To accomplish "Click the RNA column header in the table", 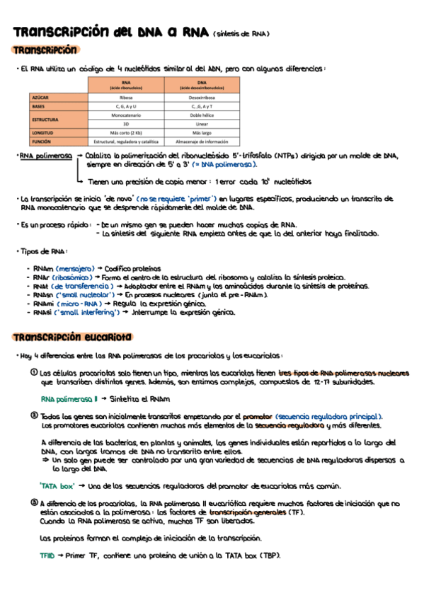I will (x=127, y=84).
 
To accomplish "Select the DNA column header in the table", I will (x=201, y=84).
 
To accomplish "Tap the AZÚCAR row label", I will (x=40, y=96).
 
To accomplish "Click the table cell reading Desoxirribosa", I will (x=201, y=96).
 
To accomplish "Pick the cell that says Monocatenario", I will (x=127, y=115).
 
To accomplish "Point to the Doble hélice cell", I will (x=201, y=115).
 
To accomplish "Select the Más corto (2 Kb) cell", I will (x=127, y=132).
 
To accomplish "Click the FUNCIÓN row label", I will (x=42, y=142).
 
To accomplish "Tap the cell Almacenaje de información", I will (x=201, y=142).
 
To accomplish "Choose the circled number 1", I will (x=33, y=372).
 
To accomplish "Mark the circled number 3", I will (x=33, y=502).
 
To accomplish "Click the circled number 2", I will (x=33, y=417).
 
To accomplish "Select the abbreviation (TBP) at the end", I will (x=270, y=555).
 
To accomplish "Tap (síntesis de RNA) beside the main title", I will (x=241, y=33).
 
